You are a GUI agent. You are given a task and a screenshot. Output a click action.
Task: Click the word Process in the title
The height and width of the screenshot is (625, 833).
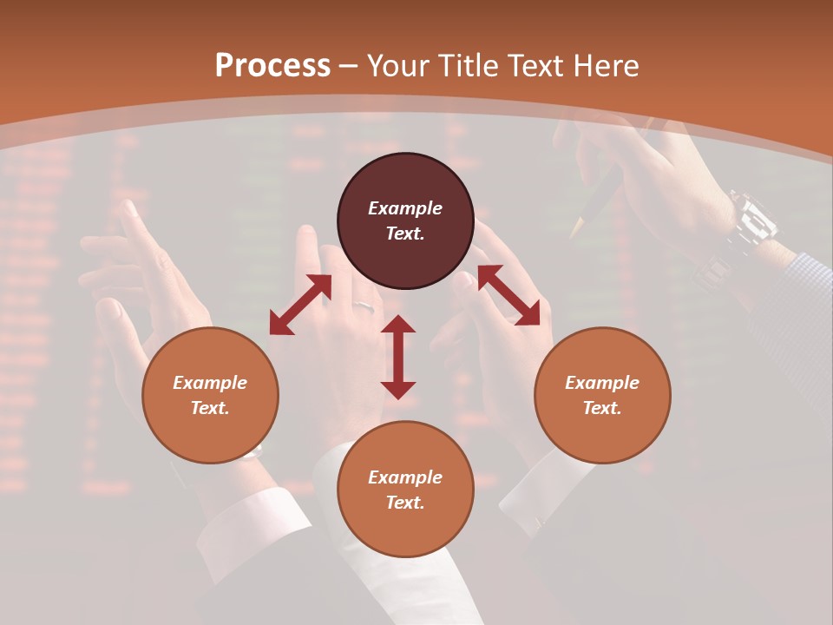(272, 65)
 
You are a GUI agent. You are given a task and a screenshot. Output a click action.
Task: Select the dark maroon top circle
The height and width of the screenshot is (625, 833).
(405, 220)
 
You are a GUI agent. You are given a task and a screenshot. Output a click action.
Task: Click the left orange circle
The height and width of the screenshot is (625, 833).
(210, 395)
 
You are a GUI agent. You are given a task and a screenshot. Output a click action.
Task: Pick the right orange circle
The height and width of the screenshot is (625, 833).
(602, 395)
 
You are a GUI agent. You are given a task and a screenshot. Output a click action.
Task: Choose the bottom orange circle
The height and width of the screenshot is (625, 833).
(405, 490)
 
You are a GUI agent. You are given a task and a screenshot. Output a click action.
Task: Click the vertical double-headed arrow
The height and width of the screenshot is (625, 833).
(398, 357)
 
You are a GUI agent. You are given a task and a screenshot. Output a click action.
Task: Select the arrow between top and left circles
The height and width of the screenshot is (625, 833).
(300, 305)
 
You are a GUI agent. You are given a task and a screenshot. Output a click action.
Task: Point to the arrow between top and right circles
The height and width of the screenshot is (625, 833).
(508, 295)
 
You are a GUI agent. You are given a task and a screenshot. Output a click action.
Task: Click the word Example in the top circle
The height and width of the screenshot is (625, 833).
(405, 208)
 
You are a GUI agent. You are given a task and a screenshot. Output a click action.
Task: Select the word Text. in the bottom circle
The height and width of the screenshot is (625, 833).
(405, 503)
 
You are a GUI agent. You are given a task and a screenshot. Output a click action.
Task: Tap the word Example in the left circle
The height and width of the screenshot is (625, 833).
(210, 383)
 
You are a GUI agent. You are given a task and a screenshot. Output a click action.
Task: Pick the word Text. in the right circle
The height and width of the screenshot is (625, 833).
(602, 408)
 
